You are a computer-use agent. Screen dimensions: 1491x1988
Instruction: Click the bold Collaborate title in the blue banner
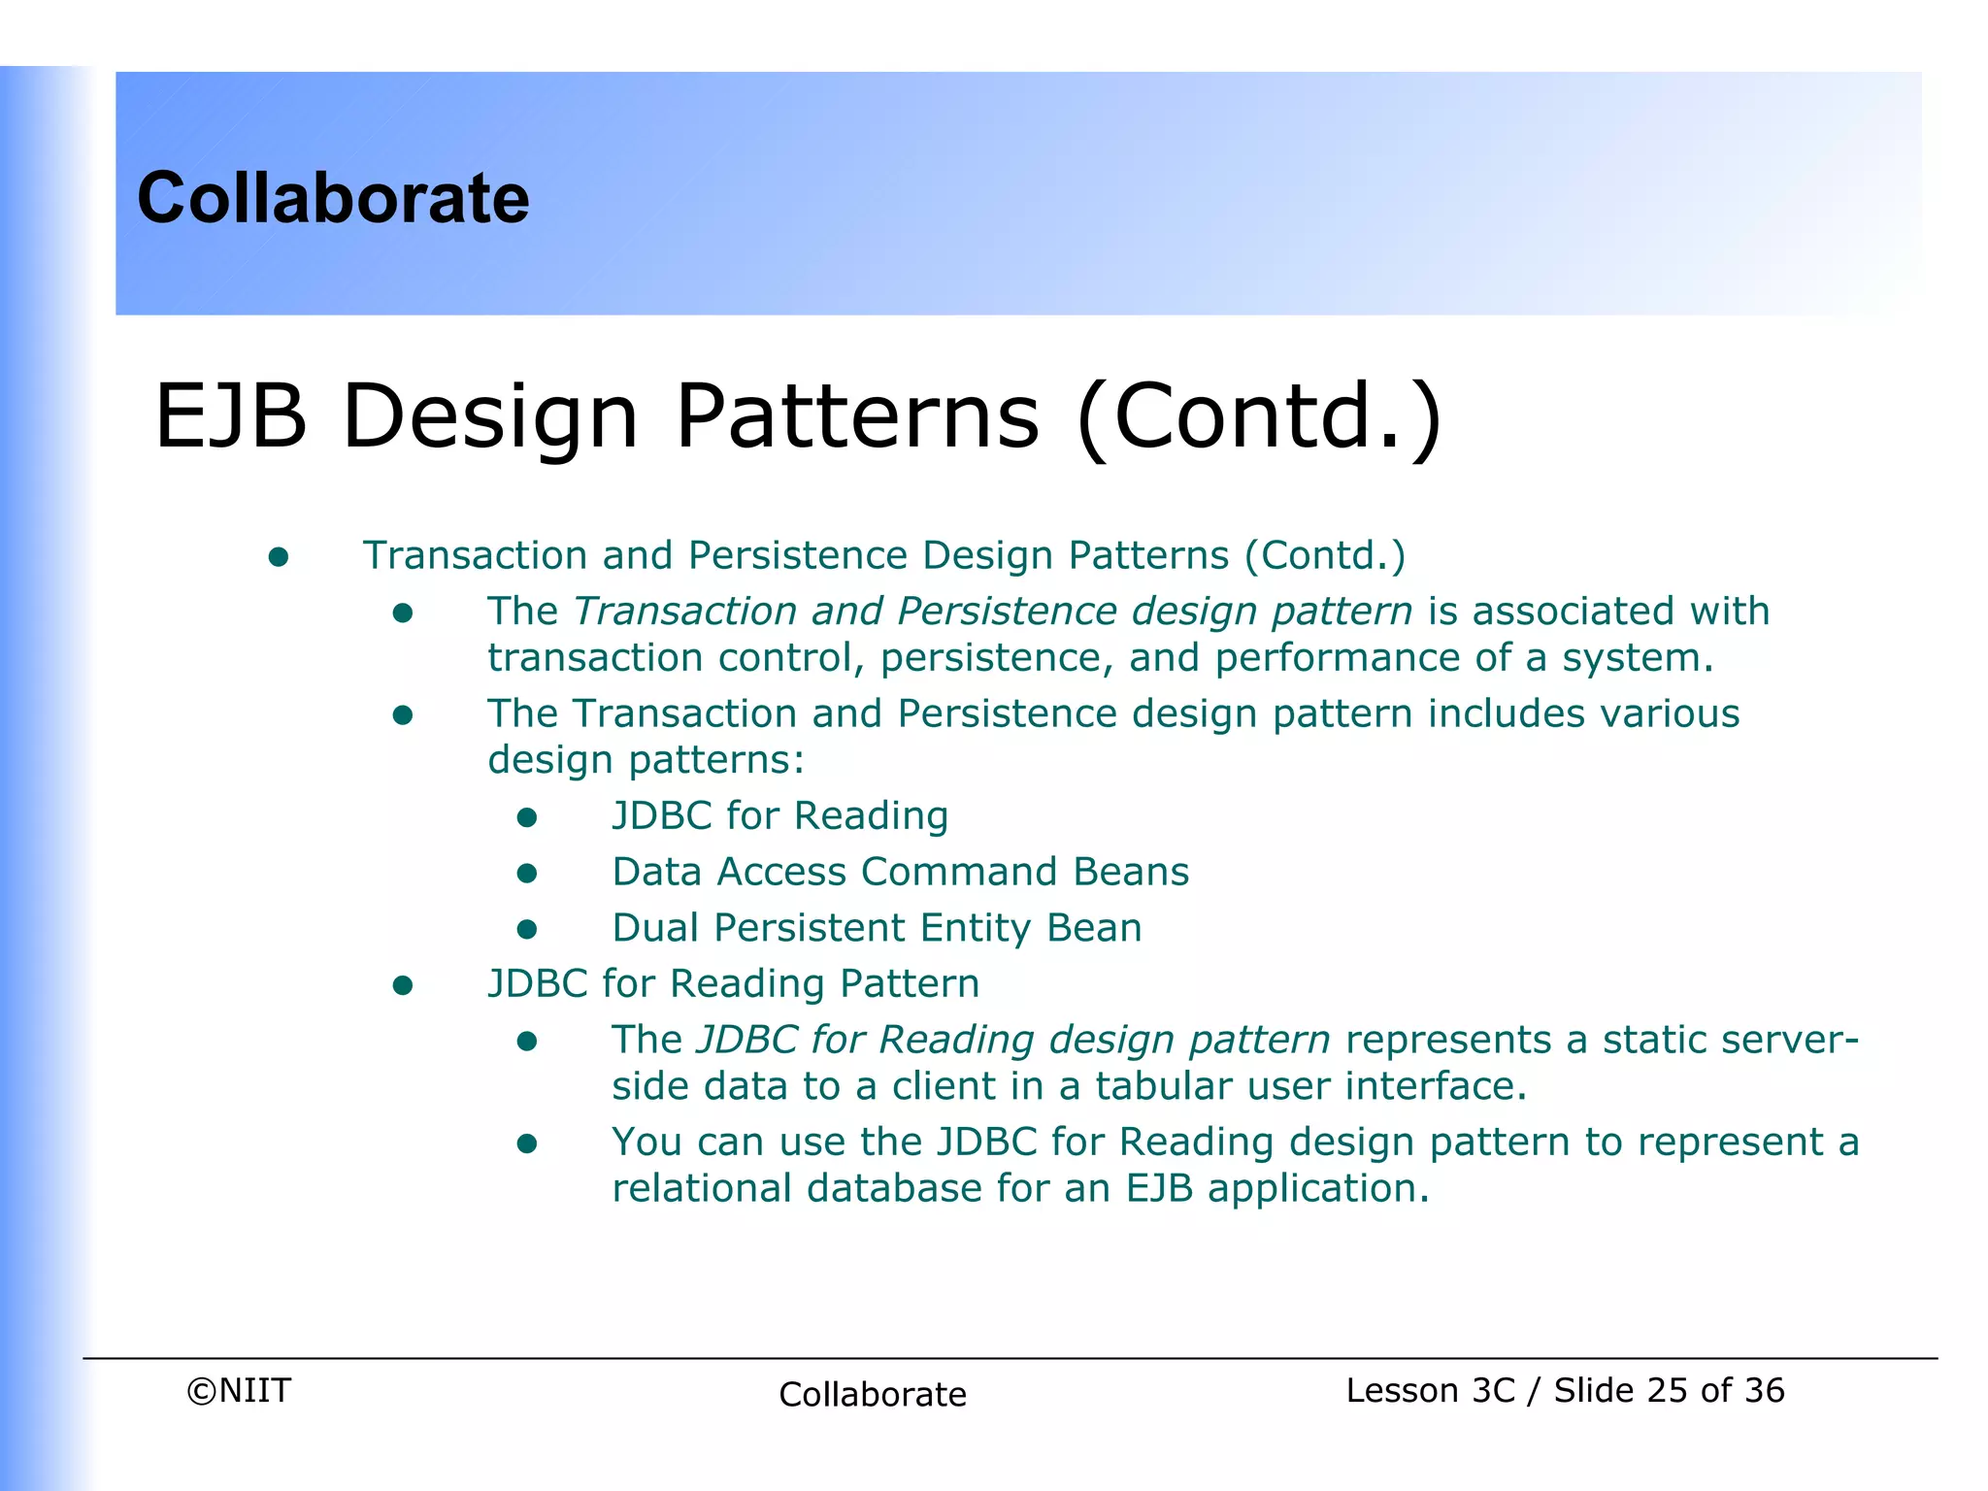point(333,198)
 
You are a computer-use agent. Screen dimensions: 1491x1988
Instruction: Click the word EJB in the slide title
point(230,416)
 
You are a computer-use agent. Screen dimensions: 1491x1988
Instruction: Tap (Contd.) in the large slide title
point(1259,416)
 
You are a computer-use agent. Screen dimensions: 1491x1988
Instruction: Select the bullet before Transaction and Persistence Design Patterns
point(279,557)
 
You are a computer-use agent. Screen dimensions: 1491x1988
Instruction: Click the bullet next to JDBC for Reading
point(527,817)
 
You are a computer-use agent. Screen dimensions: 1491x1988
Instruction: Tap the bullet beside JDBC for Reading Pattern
point(403,986)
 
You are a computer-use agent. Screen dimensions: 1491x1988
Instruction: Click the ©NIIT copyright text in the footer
point(239,1391)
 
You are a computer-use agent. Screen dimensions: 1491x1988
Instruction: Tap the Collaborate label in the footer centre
point(873,1395)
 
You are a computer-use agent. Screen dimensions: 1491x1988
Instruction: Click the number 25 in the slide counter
point(1667,1391)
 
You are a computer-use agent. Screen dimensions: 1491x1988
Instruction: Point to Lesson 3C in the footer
point(1430,1391)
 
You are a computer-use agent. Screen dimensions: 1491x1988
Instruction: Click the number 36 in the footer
point(1764,1391)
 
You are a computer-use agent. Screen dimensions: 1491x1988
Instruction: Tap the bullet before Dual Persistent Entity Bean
point(527,929)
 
